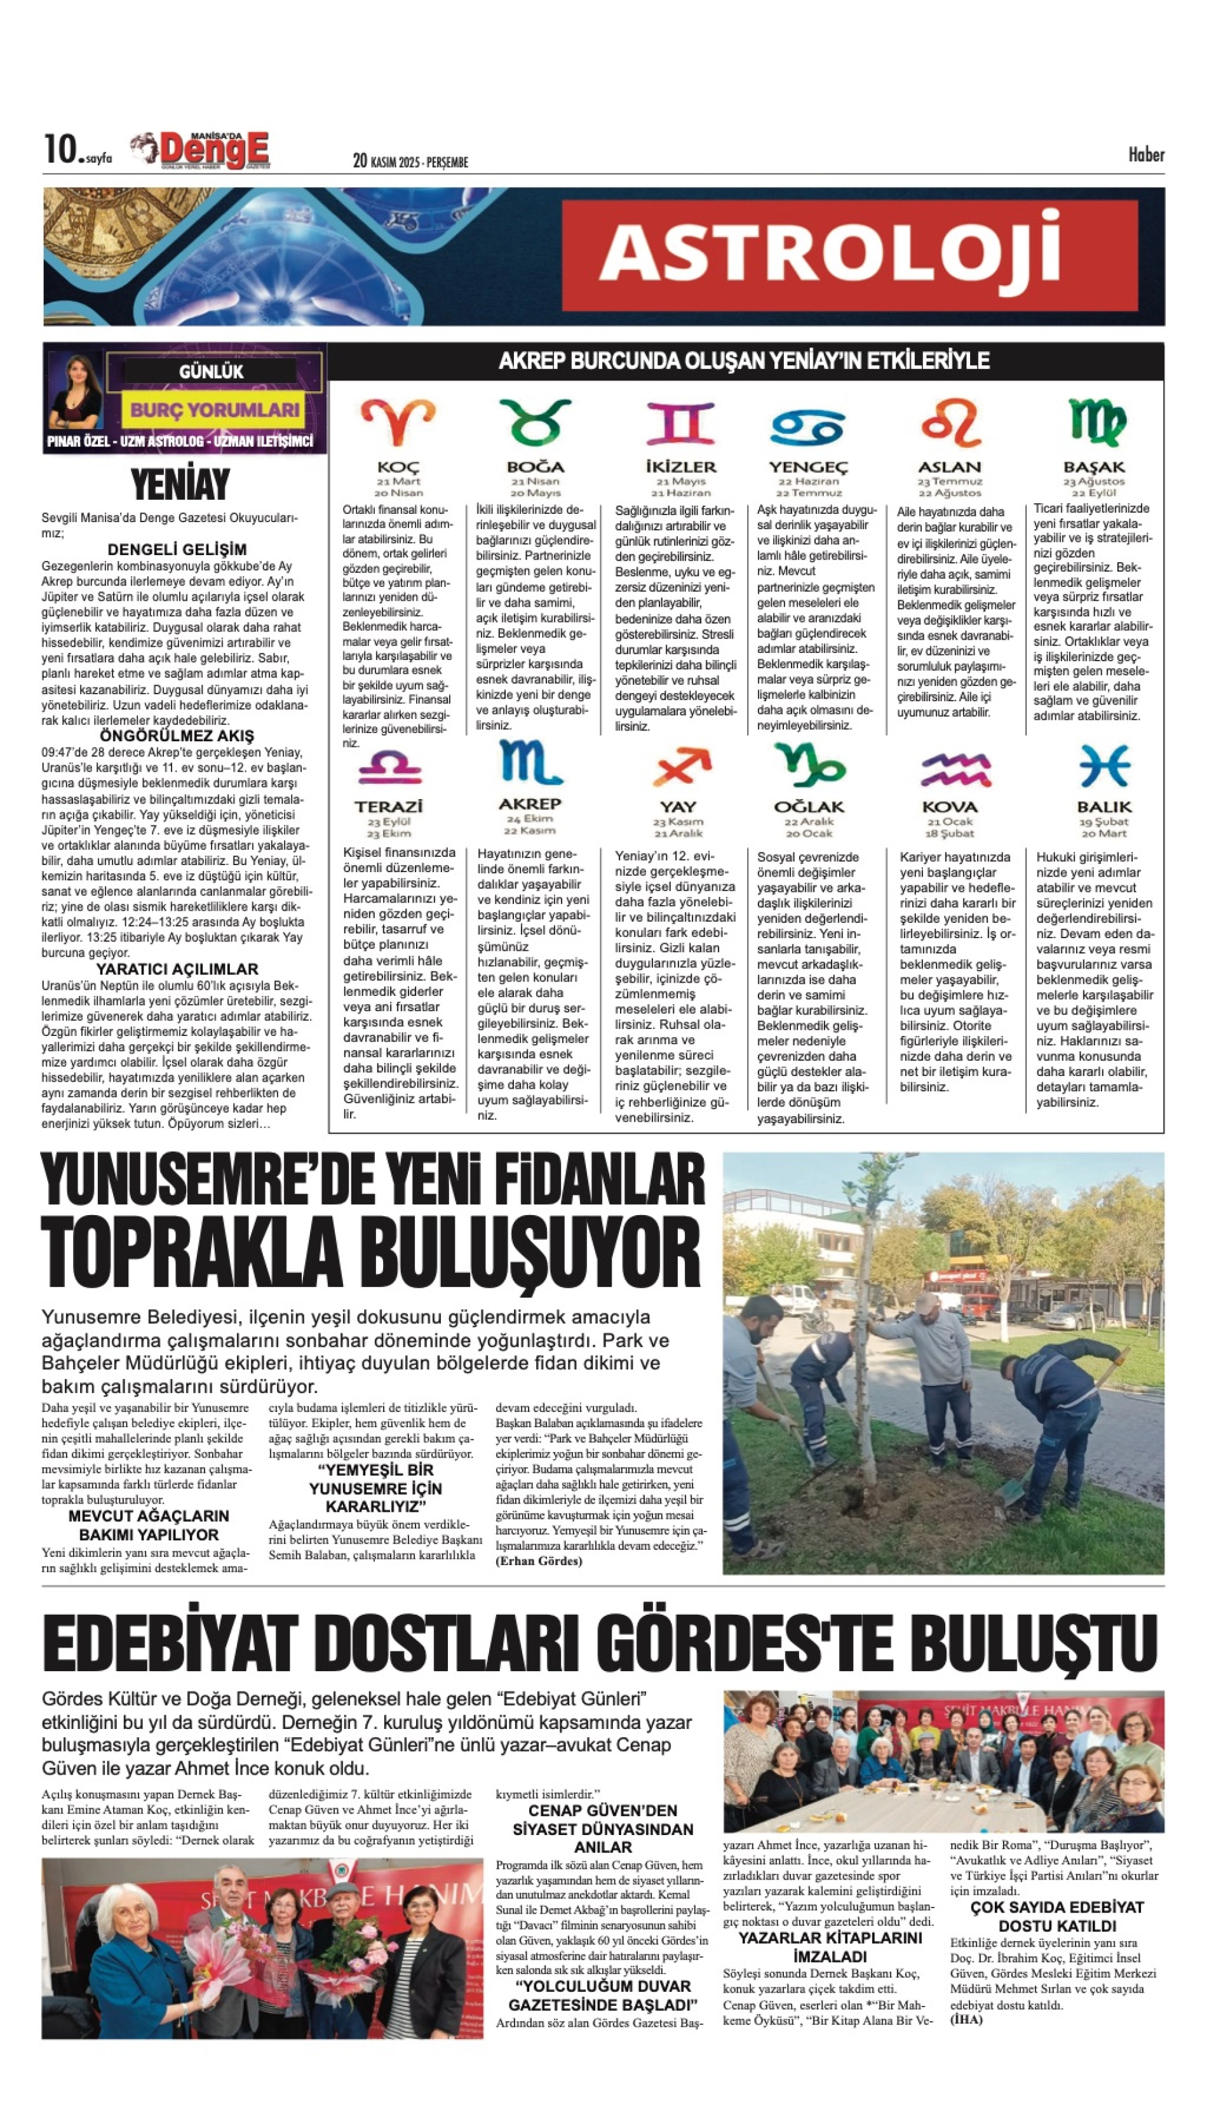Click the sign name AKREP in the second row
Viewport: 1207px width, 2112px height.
[530, 804]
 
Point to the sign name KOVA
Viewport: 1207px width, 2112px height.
[949, 807]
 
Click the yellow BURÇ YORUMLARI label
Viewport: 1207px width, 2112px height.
[215, 410]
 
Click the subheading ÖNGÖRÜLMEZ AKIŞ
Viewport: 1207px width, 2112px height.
[177, 735]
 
